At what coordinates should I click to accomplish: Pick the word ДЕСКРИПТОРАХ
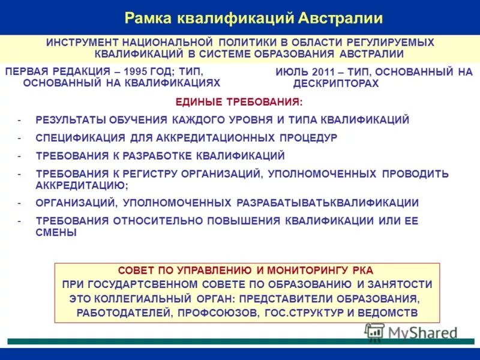coord(336,83)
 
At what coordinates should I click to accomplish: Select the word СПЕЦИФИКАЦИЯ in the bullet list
coord(80,137)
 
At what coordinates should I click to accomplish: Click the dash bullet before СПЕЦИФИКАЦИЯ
coord(20,137)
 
